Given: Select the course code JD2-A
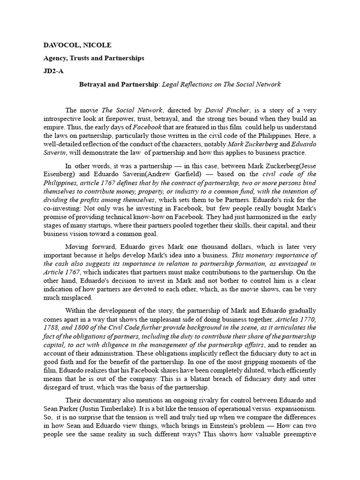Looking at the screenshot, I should [x=53, y=71].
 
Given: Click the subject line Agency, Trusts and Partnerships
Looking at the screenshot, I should [x=94, y=58].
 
